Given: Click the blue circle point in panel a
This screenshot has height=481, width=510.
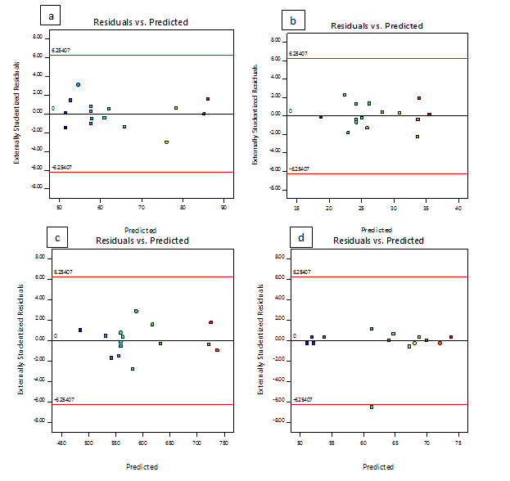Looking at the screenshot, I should pos(78,84).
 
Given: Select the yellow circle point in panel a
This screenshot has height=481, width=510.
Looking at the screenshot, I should pos(166,142).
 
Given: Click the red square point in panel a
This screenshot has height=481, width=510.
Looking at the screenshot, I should pos(208,99).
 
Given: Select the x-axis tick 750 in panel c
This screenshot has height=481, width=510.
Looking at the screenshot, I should pos(223,444).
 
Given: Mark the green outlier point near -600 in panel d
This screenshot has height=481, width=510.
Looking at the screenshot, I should pos(372,407).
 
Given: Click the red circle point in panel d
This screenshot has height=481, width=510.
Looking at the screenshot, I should pos(440,343).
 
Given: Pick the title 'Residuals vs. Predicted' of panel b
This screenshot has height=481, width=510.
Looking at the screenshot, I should pos(377,26).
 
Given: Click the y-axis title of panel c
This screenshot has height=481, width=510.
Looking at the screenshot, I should pos(20,339).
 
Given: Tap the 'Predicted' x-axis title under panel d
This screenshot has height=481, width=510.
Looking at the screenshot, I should pos(378,466).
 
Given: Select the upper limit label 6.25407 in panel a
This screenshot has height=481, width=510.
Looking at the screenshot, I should pos(63,51).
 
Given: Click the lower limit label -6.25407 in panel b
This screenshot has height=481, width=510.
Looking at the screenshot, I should pos(298,169).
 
